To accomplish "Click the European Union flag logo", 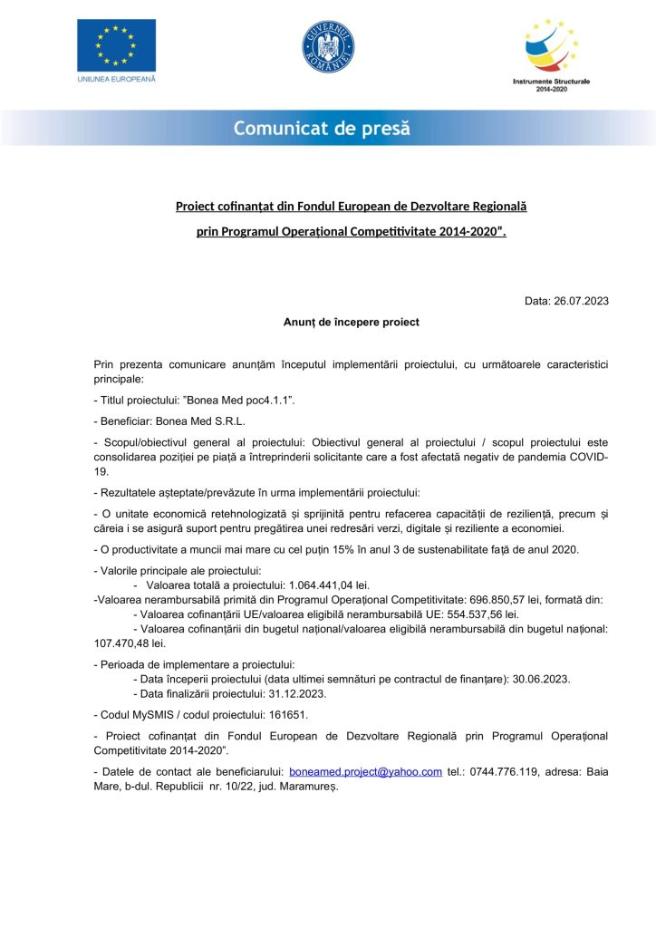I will point(115,44).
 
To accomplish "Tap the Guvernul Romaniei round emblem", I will point(327,47).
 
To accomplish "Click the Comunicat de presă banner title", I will point(322,129).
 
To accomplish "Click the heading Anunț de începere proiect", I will point(351,322).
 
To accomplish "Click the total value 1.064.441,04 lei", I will point(328,585).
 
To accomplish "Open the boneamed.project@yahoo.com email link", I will point(365,772).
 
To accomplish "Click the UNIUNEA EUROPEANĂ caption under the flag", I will point(115,80).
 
